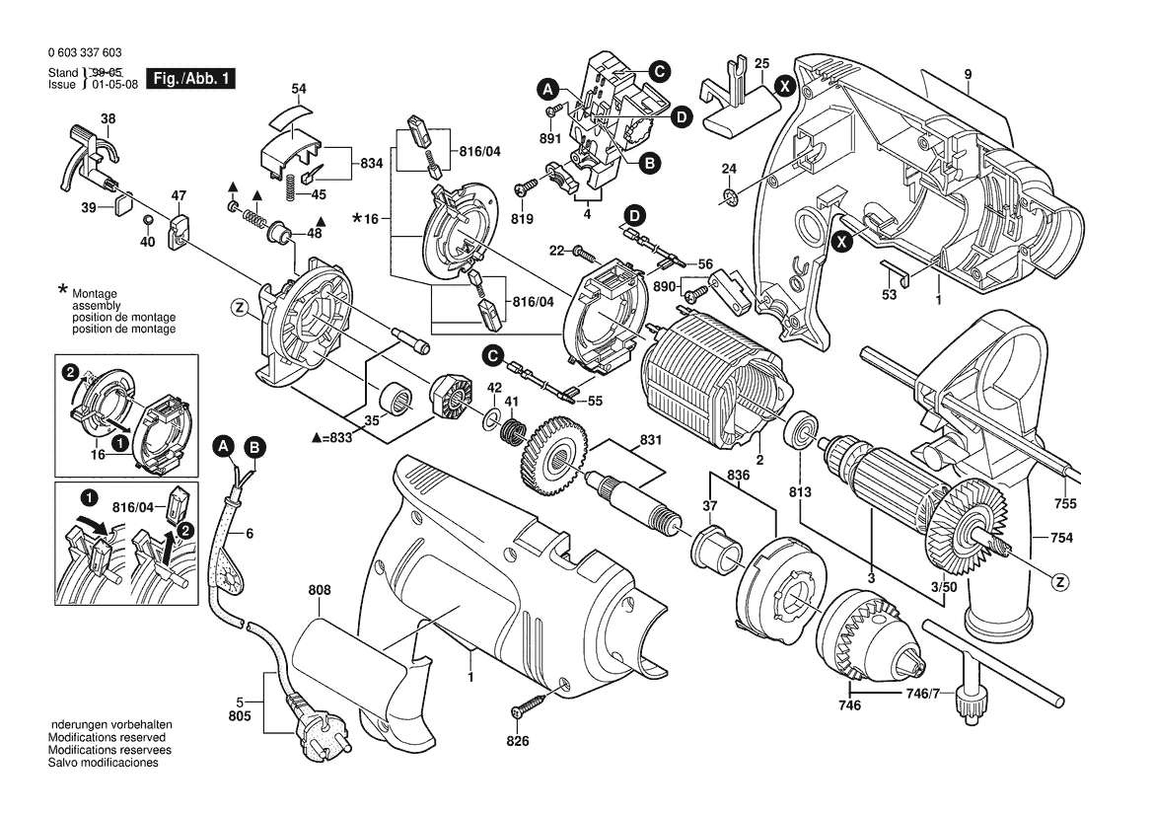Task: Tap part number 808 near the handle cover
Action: (320, 591)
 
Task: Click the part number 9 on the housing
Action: (969, 74)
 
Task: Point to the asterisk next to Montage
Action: (63, 290)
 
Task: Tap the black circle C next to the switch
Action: (659, 70)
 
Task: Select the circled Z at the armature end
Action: (1060, 581)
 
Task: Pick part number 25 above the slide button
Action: (761, 64)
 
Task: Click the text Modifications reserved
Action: (107, 737)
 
